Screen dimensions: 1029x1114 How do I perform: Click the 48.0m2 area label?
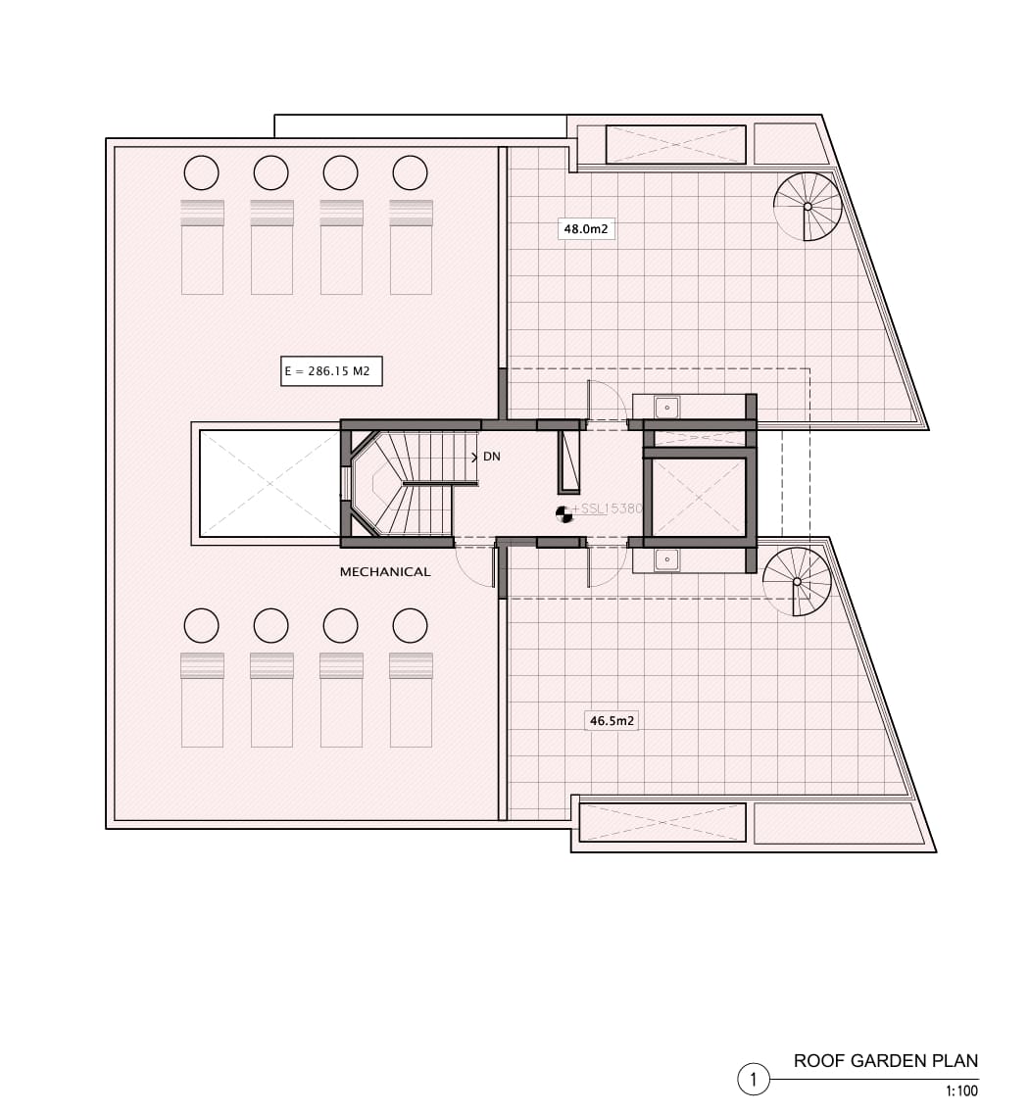(x=586, y=228)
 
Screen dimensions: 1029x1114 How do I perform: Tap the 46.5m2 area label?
(x=612, y=720)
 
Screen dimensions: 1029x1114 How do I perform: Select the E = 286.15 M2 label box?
(x=331, y=371)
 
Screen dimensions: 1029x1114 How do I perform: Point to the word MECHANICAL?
(x=385, y=572)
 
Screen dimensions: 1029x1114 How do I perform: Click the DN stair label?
(x=492, y=457)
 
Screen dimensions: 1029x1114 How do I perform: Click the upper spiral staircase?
(x=808, y=207)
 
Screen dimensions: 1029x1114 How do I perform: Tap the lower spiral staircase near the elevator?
(x=797, y=582)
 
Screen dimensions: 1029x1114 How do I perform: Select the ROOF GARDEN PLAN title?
(x=886, y=1061)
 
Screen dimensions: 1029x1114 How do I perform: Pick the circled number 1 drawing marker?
(x=754, y=1080)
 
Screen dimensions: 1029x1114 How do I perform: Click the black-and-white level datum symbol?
(x=563, y=514)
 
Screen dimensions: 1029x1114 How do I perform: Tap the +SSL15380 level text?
(x=607, y=509)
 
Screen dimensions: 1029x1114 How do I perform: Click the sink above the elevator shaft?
(x=667, y=408)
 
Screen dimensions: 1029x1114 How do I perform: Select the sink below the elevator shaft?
(x=667, y=559)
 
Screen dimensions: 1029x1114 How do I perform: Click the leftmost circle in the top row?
(x=201, y=172)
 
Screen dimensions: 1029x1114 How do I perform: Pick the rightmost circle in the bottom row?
(x=410, y=626)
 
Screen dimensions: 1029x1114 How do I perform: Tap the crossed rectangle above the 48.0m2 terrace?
(x=675, y=145)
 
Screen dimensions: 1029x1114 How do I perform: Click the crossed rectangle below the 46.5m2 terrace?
(x=663, y=823)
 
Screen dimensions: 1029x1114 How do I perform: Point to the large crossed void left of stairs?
(x=269, y=483)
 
